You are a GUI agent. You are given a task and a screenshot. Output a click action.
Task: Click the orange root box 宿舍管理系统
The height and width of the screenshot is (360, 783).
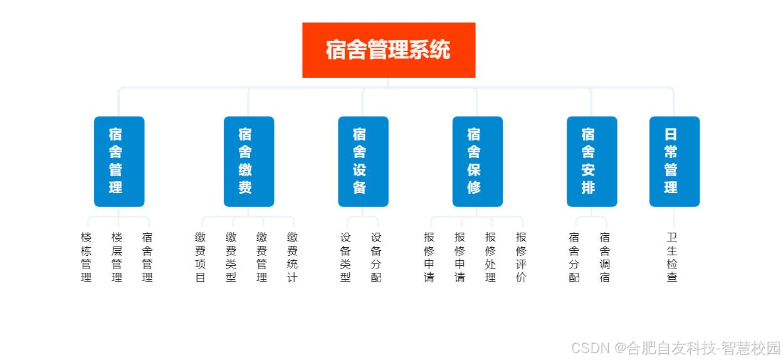tap(389, 50)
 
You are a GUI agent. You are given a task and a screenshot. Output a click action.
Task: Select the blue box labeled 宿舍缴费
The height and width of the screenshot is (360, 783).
tap(248, 161)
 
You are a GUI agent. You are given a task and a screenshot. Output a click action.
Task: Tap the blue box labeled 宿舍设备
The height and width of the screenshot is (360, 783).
tap(363, 161)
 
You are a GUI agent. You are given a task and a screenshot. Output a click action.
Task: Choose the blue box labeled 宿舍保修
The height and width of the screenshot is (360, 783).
tap(477, 161)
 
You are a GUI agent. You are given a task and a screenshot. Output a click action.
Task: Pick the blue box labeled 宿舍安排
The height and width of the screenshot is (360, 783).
tap(591, 161)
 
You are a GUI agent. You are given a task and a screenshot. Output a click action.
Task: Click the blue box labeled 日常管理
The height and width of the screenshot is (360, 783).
tap(674, 161)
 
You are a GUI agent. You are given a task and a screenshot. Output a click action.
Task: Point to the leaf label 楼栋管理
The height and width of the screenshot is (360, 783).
tap(87, 257)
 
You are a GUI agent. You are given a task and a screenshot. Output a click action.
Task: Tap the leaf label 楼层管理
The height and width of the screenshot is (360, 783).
tap(117, 257)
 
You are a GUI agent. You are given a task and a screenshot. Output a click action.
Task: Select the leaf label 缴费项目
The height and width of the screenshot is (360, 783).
tap(201, 257)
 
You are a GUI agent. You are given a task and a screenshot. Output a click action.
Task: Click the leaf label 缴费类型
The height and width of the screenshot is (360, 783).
tap(231, 257)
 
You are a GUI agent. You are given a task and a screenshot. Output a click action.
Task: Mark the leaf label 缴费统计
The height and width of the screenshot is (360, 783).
tap(293, 257)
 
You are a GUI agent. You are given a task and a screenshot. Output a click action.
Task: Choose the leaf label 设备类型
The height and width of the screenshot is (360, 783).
tap(346, 257)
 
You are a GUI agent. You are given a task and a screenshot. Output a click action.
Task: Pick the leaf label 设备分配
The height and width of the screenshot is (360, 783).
tap(376, 257)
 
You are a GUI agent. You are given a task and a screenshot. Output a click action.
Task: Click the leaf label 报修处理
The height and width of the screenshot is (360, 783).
tap(491, 257)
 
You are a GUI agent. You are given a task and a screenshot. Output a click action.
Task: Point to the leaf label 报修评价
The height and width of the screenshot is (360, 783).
tap(522, 257)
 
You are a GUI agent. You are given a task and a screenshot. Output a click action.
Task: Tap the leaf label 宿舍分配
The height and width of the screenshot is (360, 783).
tap(574, 257)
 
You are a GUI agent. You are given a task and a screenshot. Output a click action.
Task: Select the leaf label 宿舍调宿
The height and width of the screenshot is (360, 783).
tap(605, 257)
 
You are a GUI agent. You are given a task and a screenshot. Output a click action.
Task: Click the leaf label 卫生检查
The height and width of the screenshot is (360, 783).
tap(672, 257)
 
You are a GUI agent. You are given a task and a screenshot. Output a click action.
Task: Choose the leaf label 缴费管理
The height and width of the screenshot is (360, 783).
tap(262, 257)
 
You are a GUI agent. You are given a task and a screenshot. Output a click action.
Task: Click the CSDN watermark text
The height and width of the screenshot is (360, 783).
tap(676, 347)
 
